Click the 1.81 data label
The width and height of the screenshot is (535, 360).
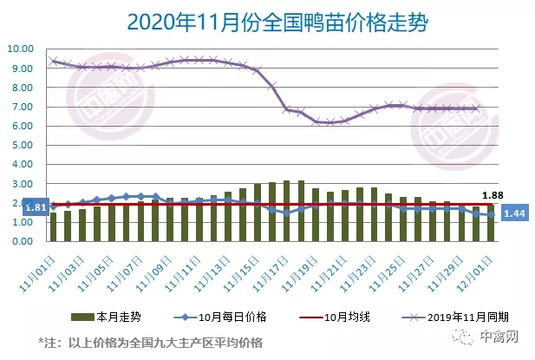pyautogui.click(x=13, y=207)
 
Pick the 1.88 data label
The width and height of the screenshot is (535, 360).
pyautogui.click(x=493, y=195)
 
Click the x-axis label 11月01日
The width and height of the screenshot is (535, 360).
pyautogui.click(x=40, y=264)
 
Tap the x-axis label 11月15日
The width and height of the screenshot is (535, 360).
pyautogui.click(x=244, y=264)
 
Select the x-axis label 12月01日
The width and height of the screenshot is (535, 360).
pyautogui.click(x=477, y=264)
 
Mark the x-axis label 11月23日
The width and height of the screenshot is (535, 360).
pyautogui.click(x=360, y=264)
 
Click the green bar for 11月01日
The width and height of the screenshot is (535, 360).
pyautogui.click(x=53, y=227)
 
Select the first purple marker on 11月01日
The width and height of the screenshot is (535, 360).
pyautogui.click(x=54, y=61)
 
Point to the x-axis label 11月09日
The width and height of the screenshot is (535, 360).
pyautogui.click(x=156, y=264)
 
